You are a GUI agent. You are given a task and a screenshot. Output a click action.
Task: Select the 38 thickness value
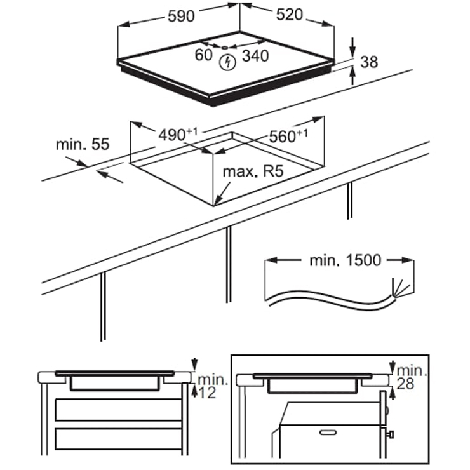(369, 62)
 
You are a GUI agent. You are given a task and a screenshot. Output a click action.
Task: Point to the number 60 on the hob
(204, 56)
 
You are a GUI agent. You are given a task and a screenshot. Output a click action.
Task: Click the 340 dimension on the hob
(255, 56)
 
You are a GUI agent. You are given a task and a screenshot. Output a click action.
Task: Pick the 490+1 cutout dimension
(178, 134)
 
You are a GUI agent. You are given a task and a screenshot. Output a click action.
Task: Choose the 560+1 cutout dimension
(288, 135)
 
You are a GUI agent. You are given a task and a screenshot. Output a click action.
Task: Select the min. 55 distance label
(83, 144)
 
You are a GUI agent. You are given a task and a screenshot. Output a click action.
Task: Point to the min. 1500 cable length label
(347, 260)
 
